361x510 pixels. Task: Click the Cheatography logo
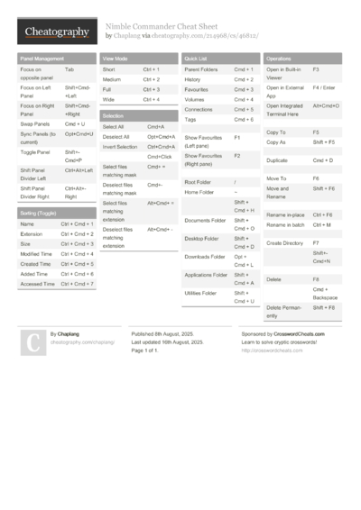pos(55,32)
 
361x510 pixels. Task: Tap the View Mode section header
pos(116,58)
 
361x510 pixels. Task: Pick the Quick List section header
pos(197,58)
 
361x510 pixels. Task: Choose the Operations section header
pos(279,58)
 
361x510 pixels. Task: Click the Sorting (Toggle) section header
pos(39,213)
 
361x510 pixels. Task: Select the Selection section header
pos(114,116)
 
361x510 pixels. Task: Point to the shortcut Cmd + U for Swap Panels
pos(75,123)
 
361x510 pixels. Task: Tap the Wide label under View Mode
pos(107,99)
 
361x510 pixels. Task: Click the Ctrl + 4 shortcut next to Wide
pos(151,99)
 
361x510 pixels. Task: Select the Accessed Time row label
pos(37,284)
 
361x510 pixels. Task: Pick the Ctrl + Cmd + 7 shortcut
pos(77,284)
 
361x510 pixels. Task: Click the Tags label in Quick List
pos(190,119)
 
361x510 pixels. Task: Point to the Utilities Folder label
pos(200,293)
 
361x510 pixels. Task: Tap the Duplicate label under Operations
pos(277,159)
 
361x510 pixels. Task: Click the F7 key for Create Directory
pos(316,242)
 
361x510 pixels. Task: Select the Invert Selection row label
pos(120,146)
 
